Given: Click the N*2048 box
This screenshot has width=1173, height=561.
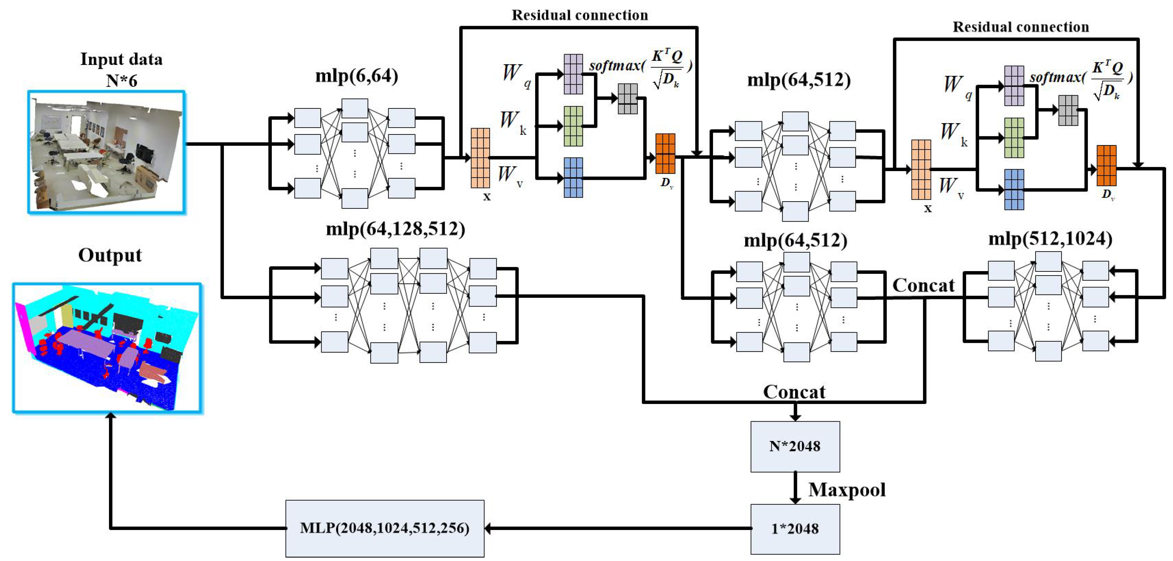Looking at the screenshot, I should (795, 446).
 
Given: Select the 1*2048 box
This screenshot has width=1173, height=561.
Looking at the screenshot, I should (795, 529).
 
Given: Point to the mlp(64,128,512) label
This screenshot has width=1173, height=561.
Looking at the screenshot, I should (395, 229).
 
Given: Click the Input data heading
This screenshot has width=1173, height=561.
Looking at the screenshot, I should (121, 59).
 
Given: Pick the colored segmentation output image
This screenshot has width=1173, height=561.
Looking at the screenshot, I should (107, 348).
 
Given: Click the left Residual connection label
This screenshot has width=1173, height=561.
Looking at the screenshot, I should (579, 15).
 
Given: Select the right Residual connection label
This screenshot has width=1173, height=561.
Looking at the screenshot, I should (1021, 27).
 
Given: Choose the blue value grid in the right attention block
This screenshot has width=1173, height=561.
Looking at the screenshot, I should (1014, 190).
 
